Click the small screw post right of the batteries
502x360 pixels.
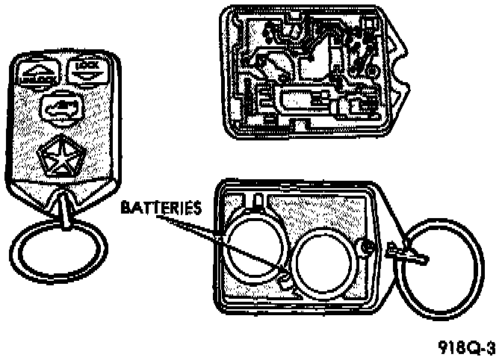tap(366, 245)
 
